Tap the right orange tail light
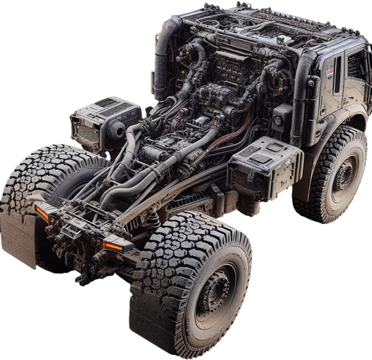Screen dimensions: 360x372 tap(113, 245)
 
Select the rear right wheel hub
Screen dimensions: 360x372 tap(216, 292)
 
